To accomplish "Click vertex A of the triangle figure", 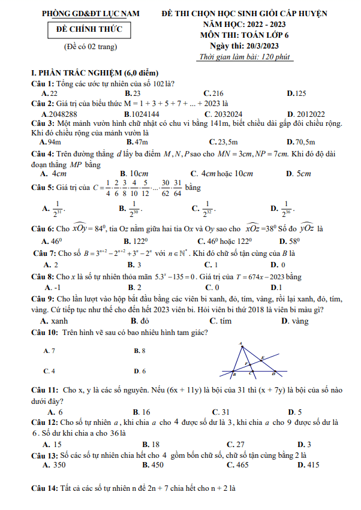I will pyautogui.click(x=242, y=345).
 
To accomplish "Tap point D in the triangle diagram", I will pyautogui.click(x=274, y=373).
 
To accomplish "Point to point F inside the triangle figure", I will pyautogui.click(x=245, y=364).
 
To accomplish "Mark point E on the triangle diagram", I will pyautogui.click(x=262, y=358).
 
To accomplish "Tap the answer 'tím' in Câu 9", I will pyautogui.click(x=225, y=321).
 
